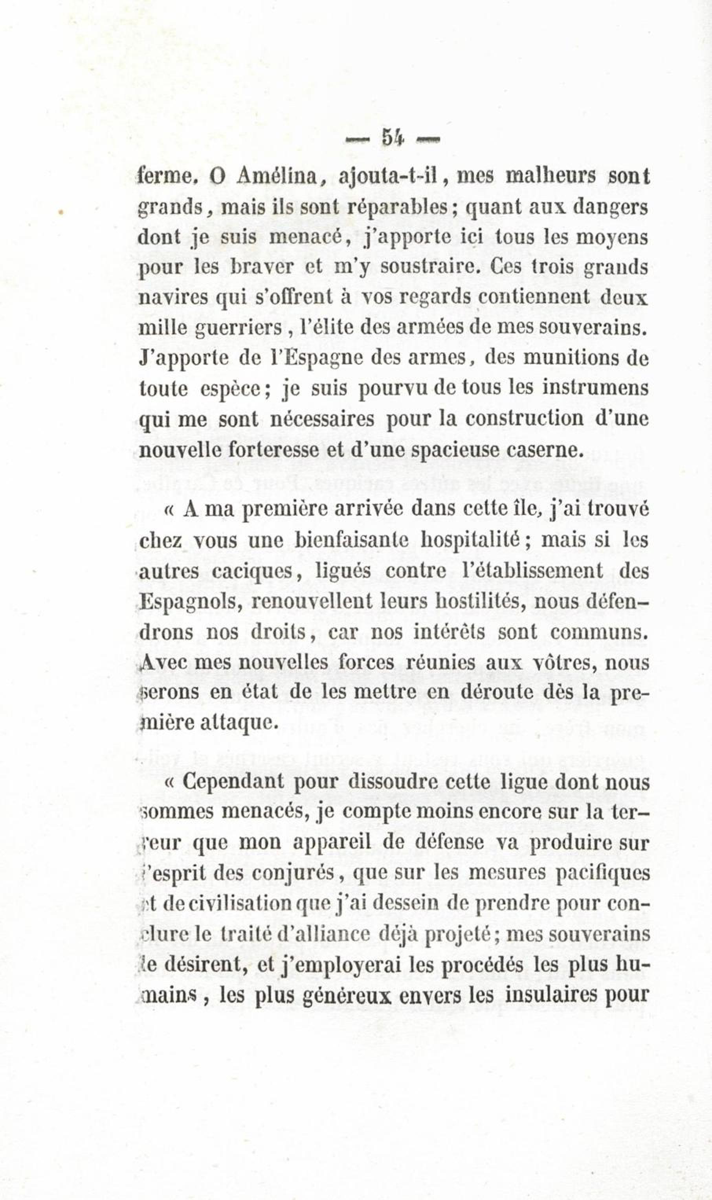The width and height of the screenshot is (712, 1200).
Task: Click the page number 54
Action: coord(392,139)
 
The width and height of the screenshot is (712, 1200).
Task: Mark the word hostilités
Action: coord(472,602)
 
